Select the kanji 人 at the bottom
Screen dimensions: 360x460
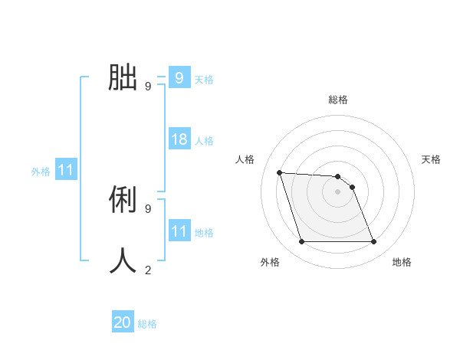123,260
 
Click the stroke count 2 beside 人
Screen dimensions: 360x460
148,270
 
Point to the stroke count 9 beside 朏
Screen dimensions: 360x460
148,87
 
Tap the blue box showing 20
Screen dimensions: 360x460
123,322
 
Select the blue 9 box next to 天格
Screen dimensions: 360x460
179,77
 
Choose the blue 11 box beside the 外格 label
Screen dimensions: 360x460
65,170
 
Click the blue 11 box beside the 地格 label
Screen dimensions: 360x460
179,231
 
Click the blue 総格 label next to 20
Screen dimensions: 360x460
147,324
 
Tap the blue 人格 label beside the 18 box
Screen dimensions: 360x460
204,141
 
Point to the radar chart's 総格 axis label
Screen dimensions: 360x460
337,100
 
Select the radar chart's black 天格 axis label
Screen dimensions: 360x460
432,159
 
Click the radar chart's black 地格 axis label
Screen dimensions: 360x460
402,263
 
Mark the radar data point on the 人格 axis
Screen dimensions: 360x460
279,172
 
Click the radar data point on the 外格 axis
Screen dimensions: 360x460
301,242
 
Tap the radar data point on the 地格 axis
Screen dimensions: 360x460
373,242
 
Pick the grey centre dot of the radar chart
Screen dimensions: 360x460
337,191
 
